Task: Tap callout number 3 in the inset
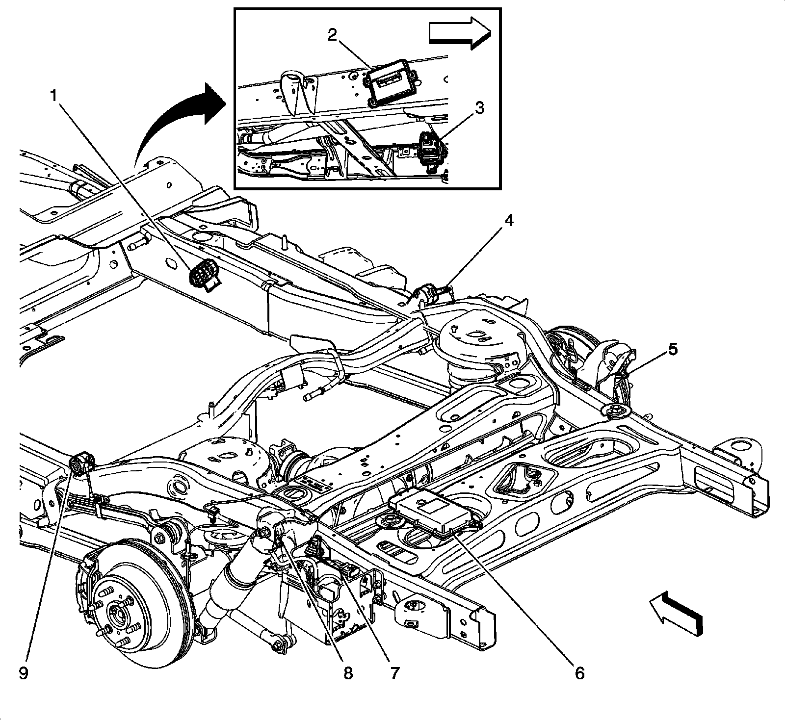coord(479,107)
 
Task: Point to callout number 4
coord(509,222)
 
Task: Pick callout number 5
coord(672,349)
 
